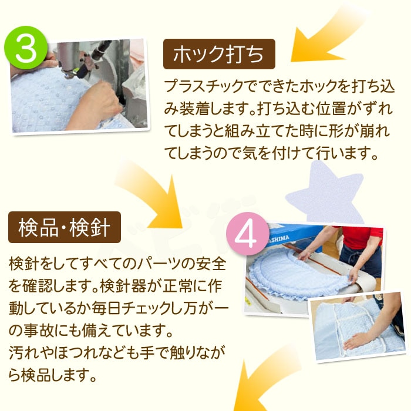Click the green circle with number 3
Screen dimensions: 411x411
click(x=26, y=48)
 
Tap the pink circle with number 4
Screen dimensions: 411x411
click(x=248, y=234)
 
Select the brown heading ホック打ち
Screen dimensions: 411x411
click(x=219, y=54)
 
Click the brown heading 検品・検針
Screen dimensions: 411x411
click(x=65, y=227)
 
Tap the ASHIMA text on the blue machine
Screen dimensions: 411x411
click(x=279, y=239)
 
